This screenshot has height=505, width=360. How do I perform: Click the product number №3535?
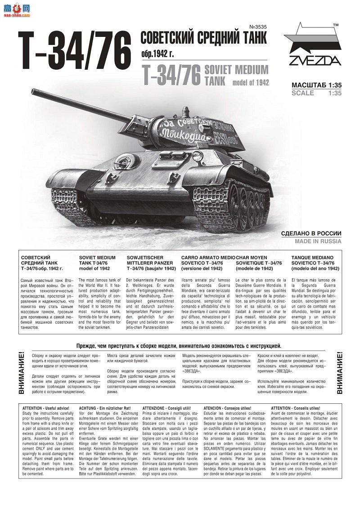pyautogui.click(x=257, y=27)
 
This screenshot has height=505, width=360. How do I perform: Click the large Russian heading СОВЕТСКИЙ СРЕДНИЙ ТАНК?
pyautogui.click(x=204, y=39)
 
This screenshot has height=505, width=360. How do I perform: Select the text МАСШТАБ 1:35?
pyautogui.click(x=316, y=85)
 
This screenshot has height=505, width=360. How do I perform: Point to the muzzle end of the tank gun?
pyautogui.click(x=34, y=92)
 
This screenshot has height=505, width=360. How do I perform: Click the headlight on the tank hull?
pyautogui.click(x=197, y=156)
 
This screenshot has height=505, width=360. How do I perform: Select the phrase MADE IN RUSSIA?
pyautogui.click(x=318, y=241)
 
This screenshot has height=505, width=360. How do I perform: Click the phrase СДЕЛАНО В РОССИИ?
pyautogui.click(x=311, y=233)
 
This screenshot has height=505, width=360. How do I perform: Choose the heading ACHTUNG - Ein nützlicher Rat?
pyautogui.click(x=106, y=408)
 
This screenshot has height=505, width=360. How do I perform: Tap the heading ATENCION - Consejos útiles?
pyautogui.click(x=227, y=408)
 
